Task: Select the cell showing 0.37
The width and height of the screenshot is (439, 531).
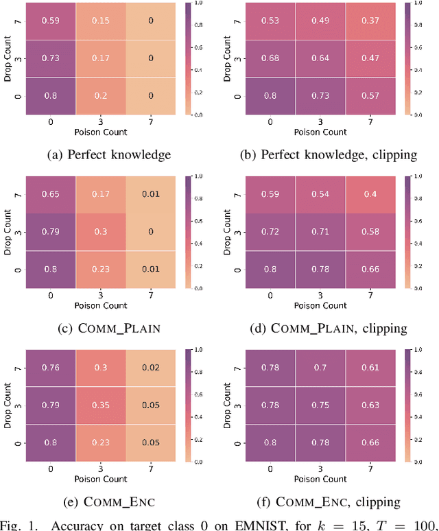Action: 371,21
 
